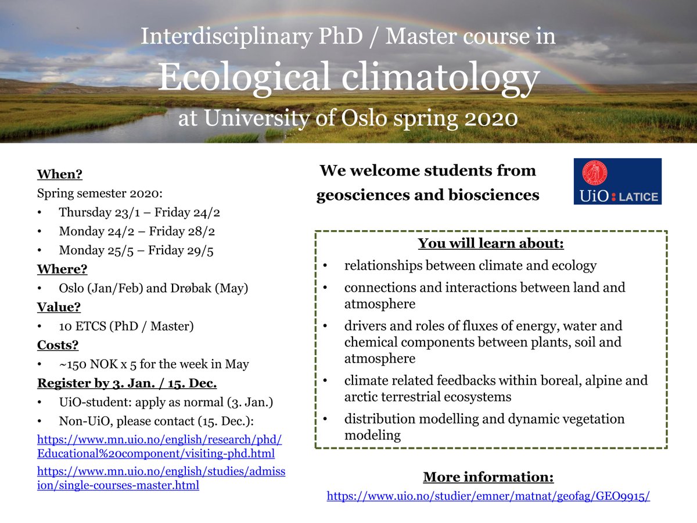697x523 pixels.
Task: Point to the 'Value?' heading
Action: (x=58, y=307)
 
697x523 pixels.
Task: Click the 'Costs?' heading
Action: (x=58, y=346)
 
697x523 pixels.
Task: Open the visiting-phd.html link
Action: (x=156, y=453)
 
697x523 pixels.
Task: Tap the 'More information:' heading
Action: (x=488, y=478)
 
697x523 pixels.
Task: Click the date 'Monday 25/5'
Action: (x=91, y=250)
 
